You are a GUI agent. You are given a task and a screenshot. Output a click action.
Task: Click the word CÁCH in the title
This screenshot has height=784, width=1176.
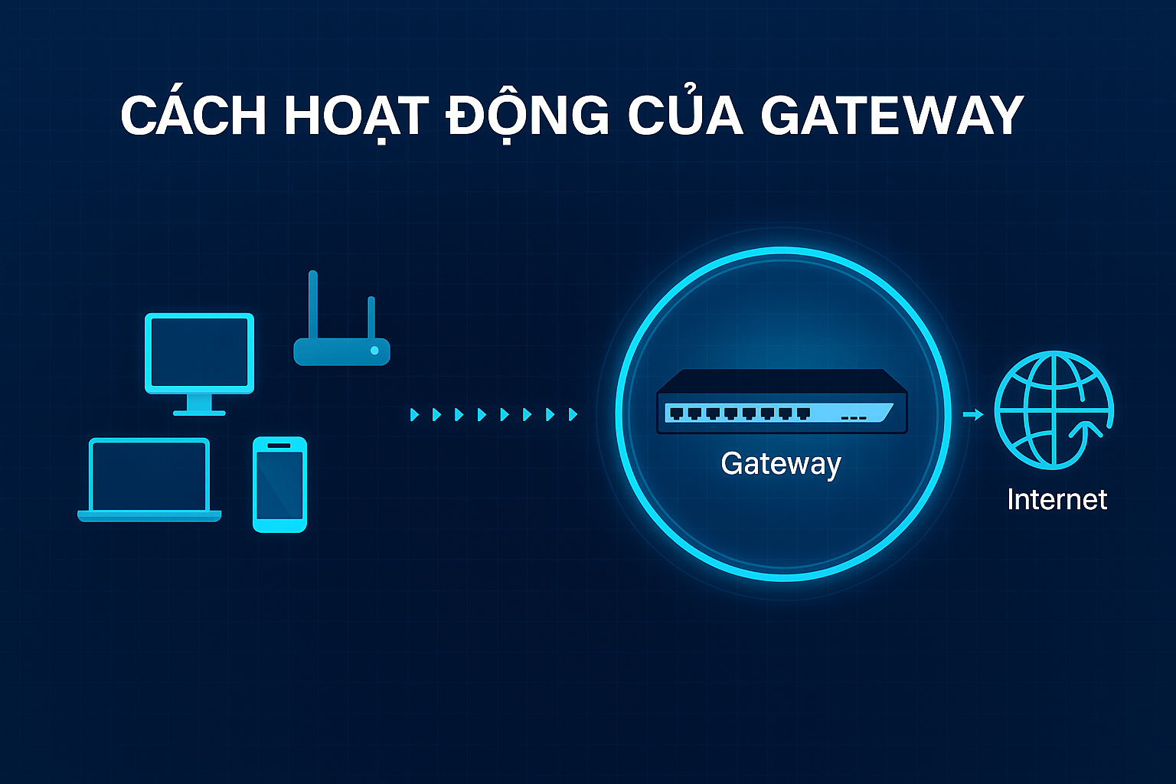click(x=193, y=116)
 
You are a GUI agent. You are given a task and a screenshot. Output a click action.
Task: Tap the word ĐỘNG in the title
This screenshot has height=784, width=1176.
click(x=528, y=116)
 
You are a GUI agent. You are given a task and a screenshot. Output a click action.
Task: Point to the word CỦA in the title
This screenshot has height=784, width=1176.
click(x=685, y=116)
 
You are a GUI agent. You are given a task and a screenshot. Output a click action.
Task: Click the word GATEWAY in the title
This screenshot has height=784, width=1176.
click(x=892, y=116)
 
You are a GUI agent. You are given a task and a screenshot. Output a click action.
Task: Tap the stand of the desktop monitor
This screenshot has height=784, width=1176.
click(x=199, y=406)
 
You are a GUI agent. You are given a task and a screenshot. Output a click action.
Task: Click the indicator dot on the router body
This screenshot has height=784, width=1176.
click(x=374, y=350)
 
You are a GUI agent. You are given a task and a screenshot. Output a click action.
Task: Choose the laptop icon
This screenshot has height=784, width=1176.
click(x=149, y=479)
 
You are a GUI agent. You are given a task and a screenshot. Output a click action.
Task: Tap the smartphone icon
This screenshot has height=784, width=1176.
click(x=279, y=484)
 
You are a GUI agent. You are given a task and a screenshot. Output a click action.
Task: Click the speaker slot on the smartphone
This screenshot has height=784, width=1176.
click(x=279, y=445)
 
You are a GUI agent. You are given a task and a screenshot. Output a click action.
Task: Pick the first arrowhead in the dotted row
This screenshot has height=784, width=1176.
click(x=414, y=415)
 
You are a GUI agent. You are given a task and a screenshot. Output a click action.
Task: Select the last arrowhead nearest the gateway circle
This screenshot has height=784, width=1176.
click(x=573, y=415)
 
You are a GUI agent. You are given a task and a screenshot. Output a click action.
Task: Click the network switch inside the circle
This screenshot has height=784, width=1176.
click(x=782, y=403)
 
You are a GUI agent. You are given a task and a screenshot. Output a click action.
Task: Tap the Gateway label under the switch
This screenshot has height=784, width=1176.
click(x=781, y=464)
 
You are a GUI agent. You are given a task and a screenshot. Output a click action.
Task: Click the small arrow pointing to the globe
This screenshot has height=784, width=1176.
click(x=973, y=414)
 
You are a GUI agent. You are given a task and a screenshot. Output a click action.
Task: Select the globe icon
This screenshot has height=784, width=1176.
click(x=1053, y=410)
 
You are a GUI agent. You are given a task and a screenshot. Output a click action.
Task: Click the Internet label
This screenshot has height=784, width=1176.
click(x=1057, y=499)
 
